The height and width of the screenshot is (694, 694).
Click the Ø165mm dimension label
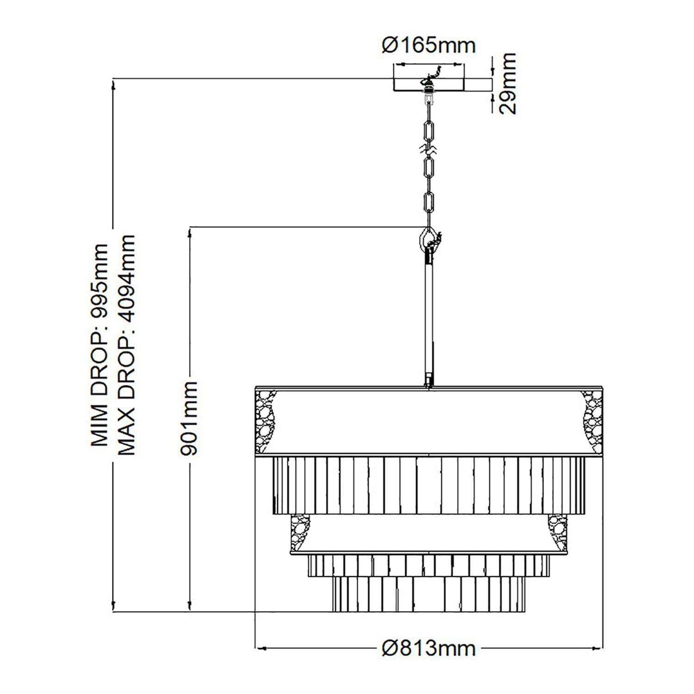(429, 45)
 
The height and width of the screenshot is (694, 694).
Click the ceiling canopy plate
(429, 85)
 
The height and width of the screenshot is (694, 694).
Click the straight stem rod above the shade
(429, 319)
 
